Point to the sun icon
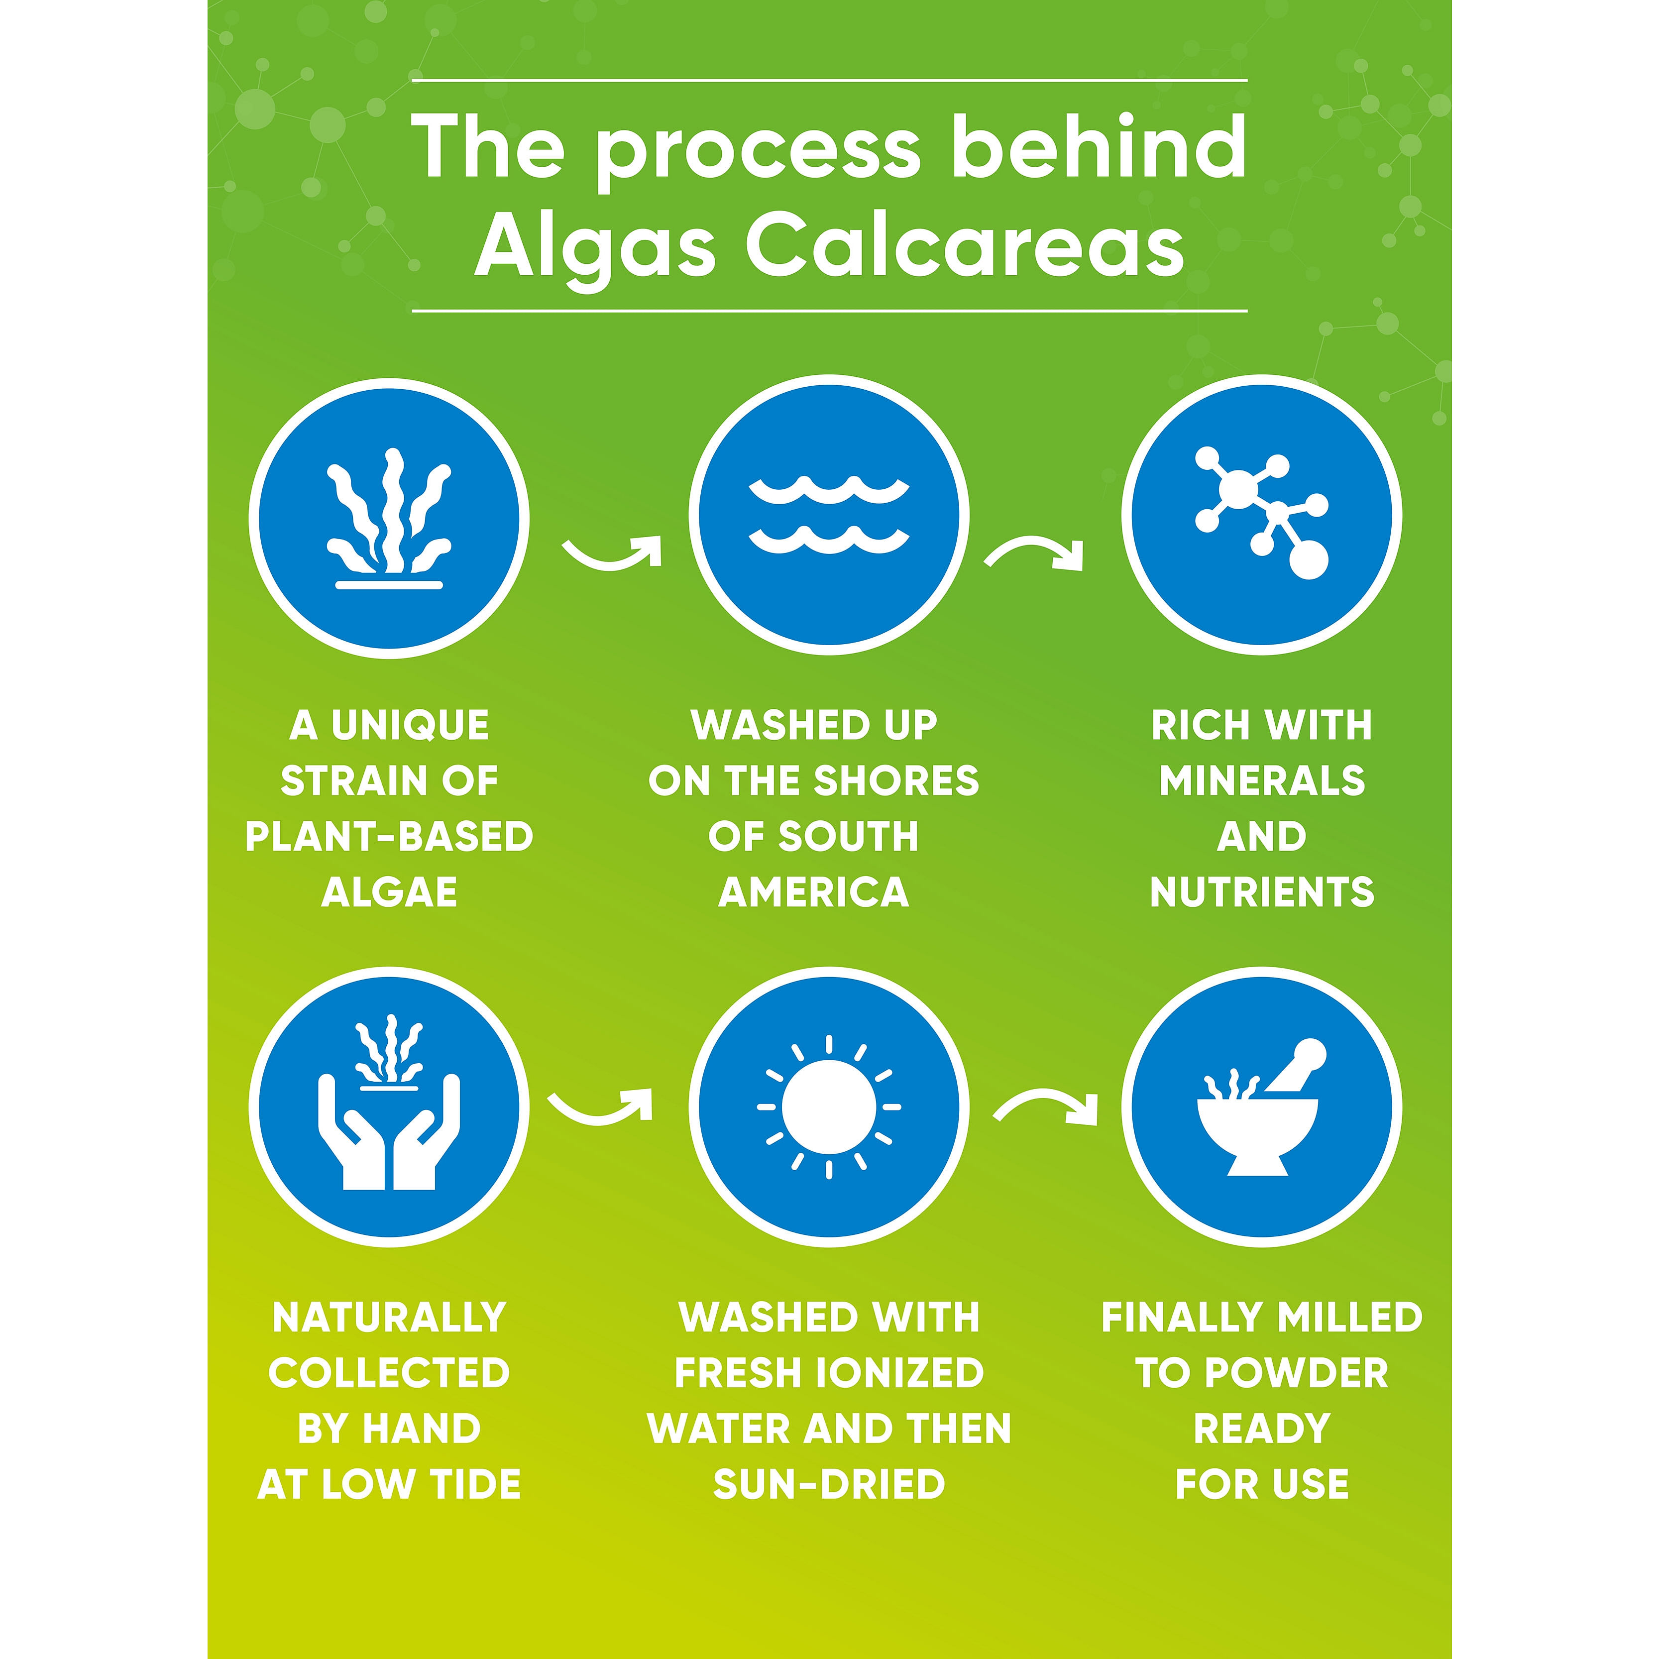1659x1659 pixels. [829, 1107]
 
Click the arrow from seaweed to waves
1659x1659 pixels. [612, 556]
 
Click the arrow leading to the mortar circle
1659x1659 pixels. [1046, 1104]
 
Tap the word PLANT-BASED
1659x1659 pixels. [389, 836]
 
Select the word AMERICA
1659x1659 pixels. [814, 892]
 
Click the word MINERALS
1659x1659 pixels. [1262, 780]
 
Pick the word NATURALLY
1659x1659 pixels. [389, 1317]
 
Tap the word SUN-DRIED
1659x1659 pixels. [829, 1485]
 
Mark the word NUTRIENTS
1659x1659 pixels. [1262, 892]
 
